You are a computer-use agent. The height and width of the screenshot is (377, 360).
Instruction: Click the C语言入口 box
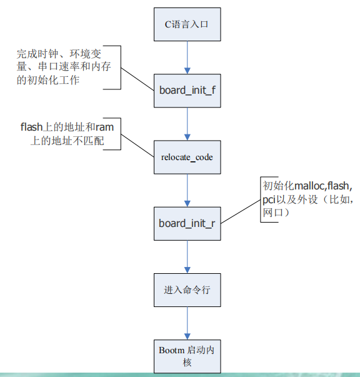(x=187, y=24)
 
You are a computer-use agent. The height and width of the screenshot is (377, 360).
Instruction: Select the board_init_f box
(x=187, y=90)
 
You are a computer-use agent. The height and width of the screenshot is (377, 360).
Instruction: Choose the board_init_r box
(x=187, y=223)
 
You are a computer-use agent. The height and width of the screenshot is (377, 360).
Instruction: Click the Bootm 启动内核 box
(x=187, y=356)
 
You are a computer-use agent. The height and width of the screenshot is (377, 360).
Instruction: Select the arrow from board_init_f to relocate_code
(x=187, y=123)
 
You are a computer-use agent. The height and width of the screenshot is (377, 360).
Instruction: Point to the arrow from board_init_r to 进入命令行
(x=187, y=256)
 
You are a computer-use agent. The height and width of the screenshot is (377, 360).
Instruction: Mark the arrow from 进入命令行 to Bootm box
(x=187, y=323)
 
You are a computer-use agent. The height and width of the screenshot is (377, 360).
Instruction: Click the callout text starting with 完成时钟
(x=59, y=66)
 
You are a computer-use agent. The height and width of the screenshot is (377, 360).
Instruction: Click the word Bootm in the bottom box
(x=171, y=350)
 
